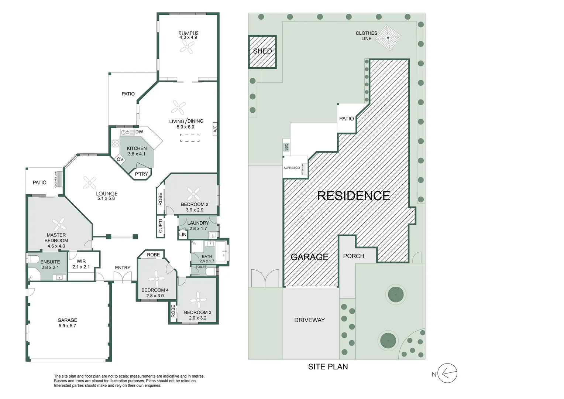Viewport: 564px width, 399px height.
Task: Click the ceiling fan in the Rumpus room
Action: tap(188, 47)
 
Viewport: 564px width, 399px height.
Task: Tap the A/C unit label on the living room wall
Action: tap(215, 129)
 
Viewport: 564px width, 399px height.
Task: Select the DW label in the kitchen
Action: tap(139, 132)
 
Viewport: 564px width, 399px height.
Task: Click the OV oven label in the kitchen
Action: tap(120, 160)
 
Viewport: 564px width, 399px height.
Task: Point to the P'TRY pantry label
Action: tap(141, 174)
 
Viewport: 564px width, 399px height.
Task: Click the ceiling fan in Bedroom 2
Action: tap(193, 194)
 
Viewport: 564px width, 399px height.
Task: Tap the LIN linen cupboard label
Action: tap(183, 235)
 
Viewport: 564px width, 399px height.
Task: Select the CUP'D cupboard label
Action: tap(161, 226)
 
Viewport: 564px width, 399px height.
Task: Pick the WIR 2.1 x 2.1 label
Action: tap(81, 264)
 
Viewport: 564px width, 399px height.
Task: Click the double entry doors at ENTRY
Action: tap(123, 277)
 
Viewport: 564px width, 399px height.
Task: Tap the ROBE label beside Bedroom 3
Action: tap(173, 311)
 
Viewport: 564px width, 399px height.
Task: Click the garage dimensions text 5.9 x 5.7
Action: tap(67, 326)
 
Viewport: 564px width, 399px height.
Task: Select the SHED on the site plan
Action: tap(262, 51)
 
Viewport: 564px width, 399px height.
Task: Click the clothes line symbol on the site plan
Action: tap(388, 38)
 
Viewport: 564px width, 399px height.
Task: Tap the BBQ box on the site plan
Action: tap(286, 147)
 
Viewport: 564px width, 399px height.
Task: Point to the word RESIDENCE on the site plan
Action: tap(353, 196)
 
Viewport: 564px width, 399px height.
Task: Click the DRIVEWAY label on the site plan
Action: tap(309, 320)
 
